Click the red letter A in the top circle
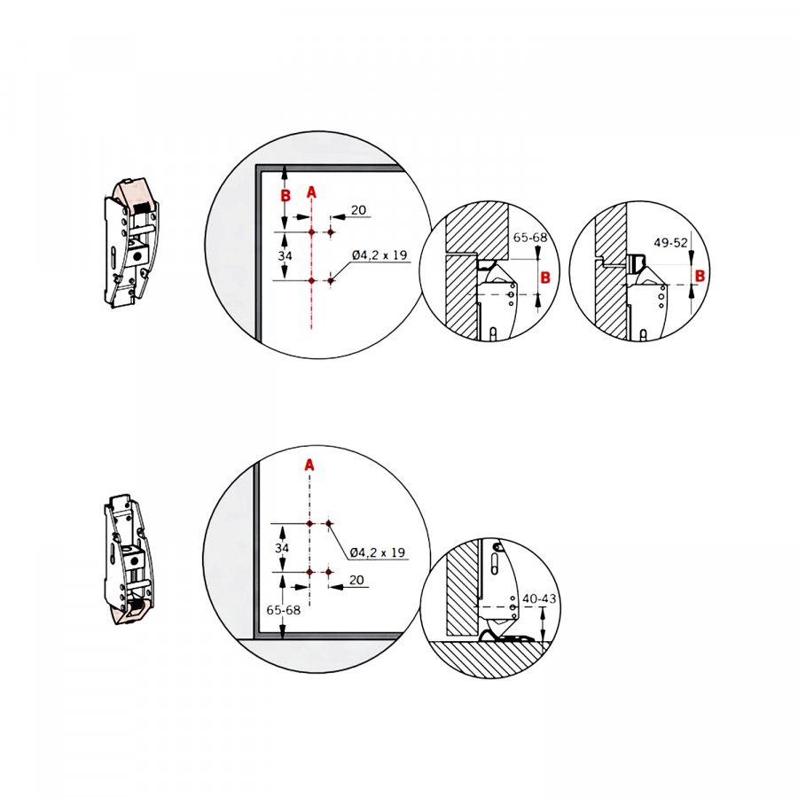[x=311, y=192]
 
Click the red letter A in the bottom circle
[x=309, y=465]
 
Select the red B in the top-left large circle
[x=286, y=195]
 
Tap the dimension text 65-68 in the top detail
[x=530, y=237]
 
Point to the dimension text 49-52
[x=670, y=242]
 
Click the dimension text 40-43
[x=539, y=598]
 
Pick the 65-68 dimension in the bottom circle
[x=284, y=610]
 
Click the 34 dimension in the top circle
[x=285, y=255]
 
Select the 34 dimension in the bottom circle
[x=282, y=548]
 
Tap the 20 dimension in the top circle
[x=358, y=209]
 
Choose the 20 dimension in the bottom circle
[x=356, y=580]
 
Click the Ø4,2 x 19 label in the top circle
[x=379, y=254]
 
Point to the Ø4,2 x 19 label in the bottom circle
[x=377, y=552]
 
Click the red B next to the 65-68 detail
[x=545, y=278]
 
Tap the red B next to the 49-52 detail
[x=700, y=276]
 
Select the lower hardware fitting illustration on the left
[x=129, y=559]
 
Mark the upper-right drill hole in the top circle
[x=331, y=232]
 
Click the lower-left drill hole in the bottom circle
[x=309, y=572]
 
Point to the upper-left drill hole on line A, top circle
[x=311, y=232]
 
